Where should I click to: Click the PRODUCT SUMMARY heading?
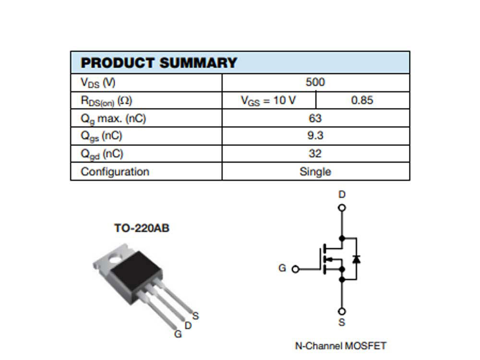point(159,63)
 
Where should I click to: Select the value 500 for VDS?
point(315,82)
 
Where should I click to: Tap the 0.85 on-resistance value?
point(362,100)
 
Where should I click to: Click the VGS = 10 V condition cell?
point(268,100)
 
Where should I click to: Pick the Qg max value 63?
point(315,118)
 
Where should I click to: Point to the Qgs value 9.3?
point(315,135)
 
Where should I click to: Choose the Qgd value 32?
point(315,153)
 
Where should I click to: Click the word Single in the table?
point(315,171)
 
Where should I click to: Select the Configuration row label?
point(115,171)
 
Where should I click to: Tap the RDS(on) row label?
point(106,101)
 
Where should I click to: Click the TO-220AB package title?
point(142,228)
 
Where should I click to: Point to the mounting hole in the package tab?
point(115,260)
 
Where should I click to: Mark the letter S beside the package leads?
point(196,316)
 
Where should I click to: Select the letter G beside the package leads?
point(178,334)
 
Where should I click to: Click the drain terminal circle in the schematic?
point(342,208)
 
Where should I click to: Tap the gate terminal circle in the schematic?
point(295,269)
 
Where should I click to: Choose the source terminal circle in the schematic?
point(342,312)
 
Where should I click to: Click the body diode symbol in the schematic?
point(356,259)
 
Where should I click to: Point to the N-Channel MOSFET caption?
point(340,346)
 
